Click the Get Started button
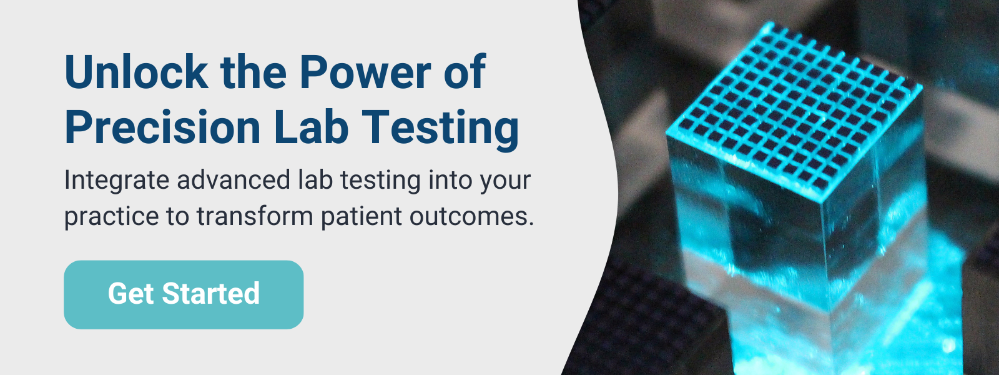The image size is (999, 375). (184, 294)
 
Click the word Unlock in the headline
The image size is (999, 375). (137, 72)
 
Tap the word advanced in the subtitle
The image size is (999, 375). (234, 180)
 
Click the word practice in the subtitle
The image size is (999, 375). (112, 217)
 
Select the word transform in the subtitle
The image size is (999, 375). (255, 216)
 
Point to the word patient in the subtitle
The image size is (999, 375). (362, 217)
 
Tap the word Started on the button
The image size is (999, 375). (210, 294)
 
